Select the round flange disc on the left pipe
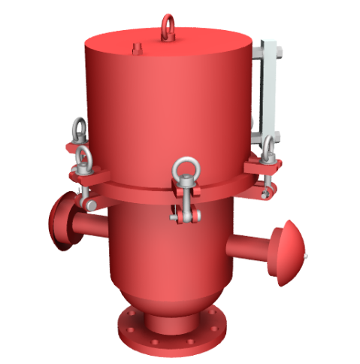coord(60,223)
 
